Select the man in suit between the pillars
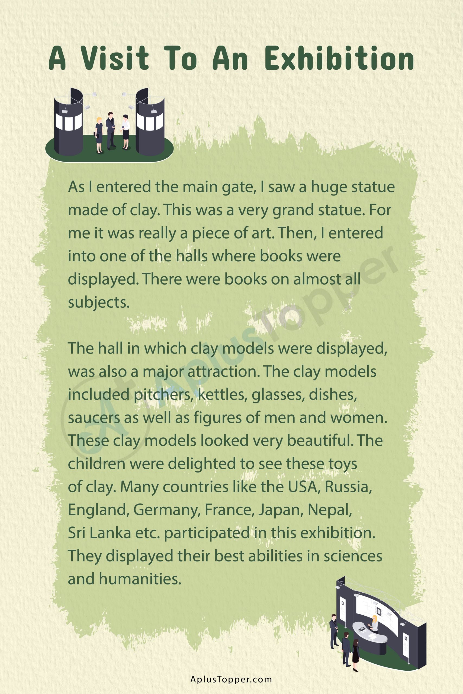[111, 130]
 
